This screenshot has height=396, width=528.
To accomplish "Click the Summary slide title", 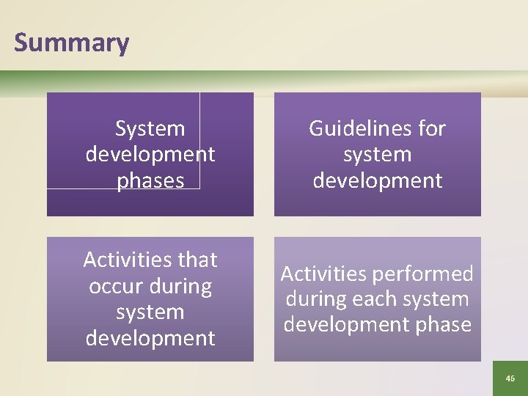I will pos(71,43).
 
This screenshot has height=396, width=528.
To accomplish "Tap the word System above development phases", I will pos(150,129).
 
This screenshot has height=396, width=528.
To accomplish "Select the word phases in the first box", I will pos(150,180).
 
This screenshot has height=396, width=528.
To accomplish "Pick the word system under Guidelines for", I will pos(377,155).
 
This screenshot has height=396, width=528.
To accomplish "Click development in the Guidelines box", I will pos(377,180).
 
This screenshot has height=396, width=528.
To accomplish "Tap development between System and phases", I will pos(150,155).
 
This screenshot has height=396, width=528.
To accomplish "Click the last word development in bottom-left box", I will pos(150,338).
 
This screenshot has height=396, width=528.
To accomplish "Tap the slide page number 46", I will pos(510,378).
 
